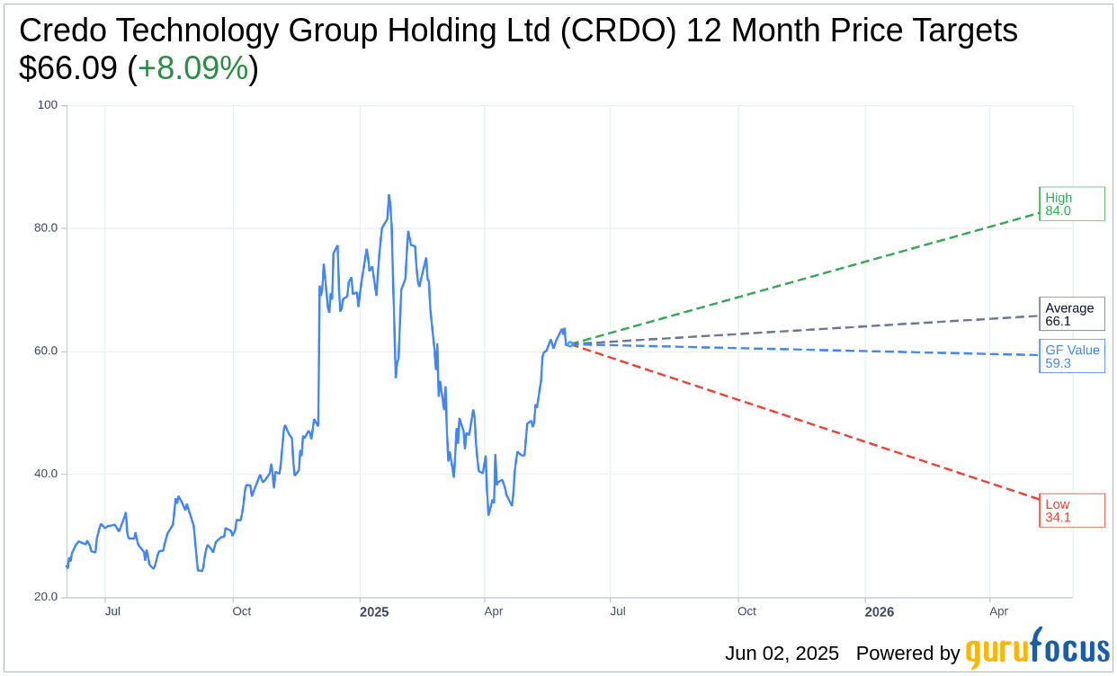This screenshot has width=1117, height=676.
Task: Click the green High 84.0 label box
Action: tap(1071, 204)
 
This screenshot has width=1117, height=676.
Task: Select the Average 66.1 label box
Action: tap(1071, 315)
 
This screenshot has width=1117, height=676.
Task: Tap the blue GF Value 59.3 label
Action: tap(1071, 356)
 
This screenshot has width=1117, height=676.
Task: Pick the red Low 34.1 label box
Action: tap(1071, 511)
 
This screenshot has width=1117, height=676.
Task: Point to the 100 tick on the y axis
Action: tap(47, 105)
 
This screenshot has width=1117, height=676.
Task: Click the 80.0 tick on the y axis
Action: tap(45, 228)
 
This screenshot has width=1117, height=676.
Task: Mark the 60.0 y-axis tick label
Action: tap(45, 351)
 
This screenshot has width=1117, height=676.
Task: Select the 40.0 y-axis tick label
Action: tap(45, 474)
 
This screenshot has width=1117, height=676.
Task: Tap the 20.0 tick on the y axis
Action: tap(45, 597)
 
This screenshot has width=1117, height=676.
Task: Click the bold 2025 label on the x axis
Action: tap(374, 612)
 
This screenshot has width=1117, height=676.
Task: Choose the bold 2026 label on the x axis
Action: tap(879, 612)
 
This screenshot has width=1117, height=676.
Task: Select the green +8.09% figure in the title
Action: tap(192, 68)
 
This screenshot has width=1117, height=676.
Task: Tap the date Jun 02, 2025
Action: tap(782, 654)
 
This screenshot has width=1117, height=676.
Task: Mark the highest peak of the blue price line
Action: tap(389, 195)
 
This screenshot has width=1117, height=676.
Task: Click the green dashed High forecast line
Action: tap(809, 279)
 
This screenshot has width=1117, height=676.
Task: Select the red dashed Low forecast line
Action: tap(809, 422)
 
